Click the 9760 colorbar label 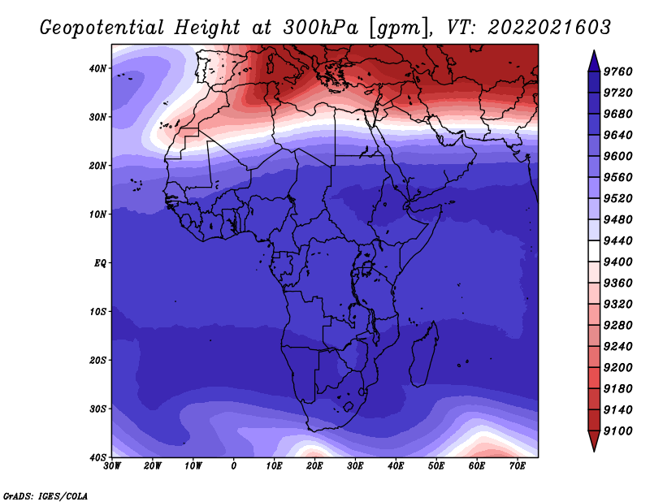(x=617, y=71)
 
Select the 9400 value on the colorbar (x=617, y=262)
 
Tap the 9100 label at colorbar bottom (x=617, y=431)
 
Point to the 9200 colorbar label (x=617, y=368)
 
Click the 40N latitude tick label (x=97, y=68)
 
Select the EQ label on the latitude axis (x=100, y=263)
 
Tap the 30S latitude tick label (x=97, y=409)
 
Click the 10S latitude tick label (x=97, y=312)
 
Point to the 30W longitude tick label (x=112, y=466)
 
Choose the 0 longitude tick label (x=234, y=466)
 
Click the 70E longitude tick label (x=517, y=466)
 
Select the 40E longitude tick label (x=396, y=466)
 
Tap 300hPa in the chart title (x=320, y=28)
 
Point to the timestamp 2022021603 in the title (x=549, y=28)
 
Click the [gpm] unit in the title (x=400, y=28)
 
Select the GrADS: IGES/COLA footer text (x=45, y=496)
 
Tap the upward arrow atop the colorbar (x=594, y=61)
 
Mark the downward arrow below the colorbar (x=594, y=441)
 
